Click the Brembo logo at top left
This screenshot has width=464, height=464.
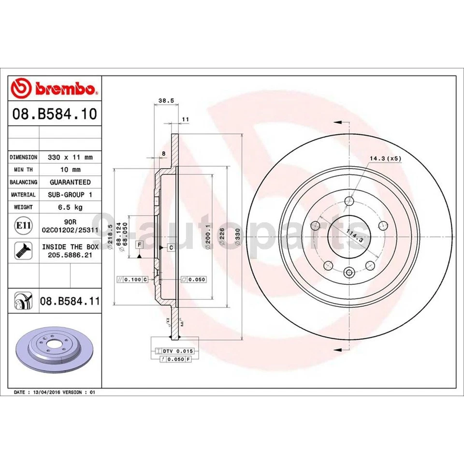point(55,89)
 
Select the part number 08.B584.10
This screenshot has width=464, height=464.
point(55,115)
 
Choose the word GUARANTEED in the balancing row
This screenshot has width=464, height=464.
point(70,182)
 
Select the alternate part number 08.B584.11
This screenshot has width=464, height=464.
point(70,302)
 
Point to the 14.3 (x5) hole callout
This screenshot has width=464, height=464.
point(385,158)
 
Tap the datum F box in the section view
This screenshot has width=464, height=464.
point(139,245)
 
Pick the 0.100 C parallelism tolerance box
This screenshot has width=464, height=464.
point(132,279)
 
